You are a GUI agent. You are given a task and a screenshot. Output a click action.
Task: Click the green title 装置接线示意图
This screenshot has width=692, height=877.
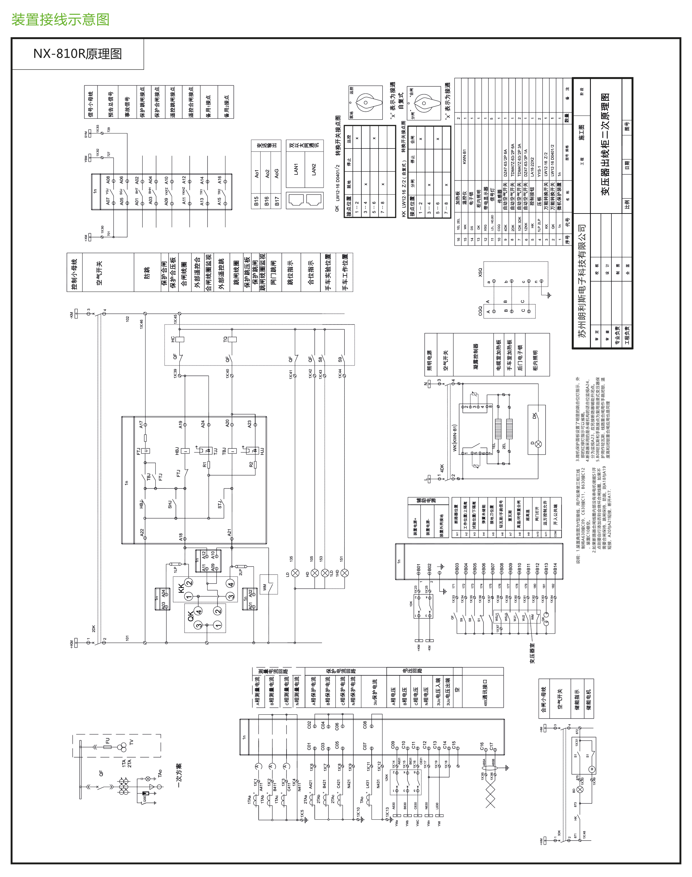point(61,20)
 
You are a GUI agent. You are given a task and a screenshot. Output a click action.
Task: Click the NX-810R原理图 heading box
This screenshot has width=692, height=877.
point(78,54)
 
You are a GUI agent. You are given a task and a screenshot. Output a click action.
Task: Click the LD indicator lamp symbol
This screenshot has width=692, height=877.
point(295,573)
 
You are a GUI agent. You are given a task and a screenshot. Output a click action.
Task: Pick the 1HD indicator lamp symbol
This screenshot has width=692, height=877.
point(344,573)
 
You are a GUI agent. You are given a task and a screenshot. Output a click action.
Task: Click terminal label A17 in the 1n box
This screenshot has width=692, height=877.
point(141,424)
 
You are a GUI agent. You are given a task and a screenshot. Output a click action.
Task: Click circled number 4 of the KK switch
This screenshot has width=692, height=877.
point(231,584)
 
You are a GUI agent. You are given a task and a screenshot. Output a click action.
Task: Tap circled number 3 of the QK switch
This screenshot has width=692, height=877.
point(199,625)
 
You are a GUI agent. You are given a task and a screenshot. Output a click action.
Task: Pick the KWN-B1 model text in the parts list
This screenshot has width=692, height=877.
point(465,157)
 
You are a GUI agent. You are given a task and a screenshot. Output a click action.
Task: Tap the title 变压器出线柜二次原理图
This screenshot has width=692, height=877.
point(606,144)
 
